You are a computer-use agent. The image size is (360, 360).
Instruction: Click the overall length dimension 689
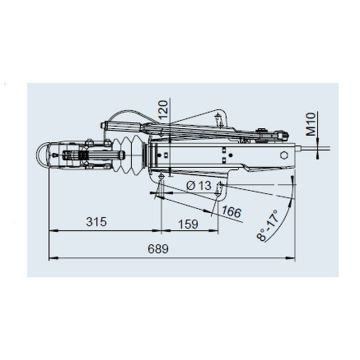[158, 249]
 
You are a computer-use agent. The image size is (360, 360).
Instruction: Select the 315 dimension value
[97, 222]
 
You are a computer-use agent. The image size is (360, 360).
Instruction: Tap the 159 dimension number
[188, 224]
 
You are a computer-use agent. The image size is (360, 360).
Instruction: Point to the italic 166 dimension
[232, 212]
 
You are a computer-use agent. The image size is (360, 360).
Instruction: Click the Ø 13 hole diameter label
[199, 186]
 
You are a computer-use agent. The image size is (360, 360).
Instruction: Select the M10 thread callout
[311, 124]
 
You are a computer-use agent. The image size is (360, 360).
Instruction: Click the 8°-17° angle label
[267, 226]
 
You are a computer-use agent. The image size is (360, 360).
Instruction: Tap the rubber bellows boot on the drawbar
[129, 154]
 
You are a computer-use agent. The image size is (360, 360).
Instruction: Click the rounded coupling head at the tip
[42, 154]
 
